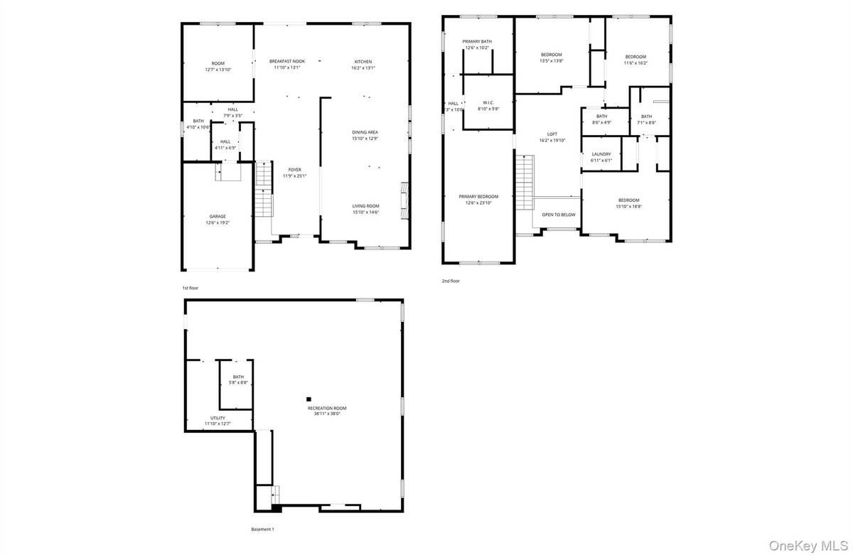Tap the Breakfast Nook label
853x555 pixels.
coord(287,62)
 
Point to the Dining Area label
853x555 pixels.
coord(365,132)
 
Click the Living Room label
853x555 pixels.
coord(365,205)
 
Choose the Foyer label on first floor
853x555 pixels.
coord(294,169)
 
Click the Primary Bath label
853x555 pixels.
coord(477,41)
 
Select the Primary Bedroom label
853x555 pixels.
coord(478,197)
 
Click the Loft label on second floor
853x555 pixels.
coord(552,134)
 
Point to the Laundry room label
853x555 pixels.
coord(601,154)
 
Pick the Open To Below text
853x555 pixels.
coord(558,214)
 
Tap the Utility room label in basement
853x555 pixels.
coord(218,418)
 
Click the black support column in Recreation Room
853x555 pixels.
coord(309,399)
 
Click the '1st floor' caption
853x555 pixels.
coord(190,288)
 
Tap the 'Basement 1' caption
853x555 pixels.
coord(262,529)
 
